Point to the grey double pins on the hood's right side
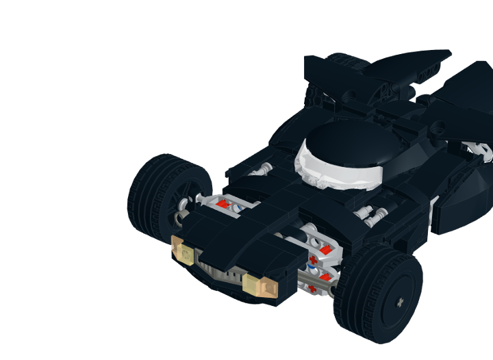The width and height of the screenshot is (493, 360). click(370, 216)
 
